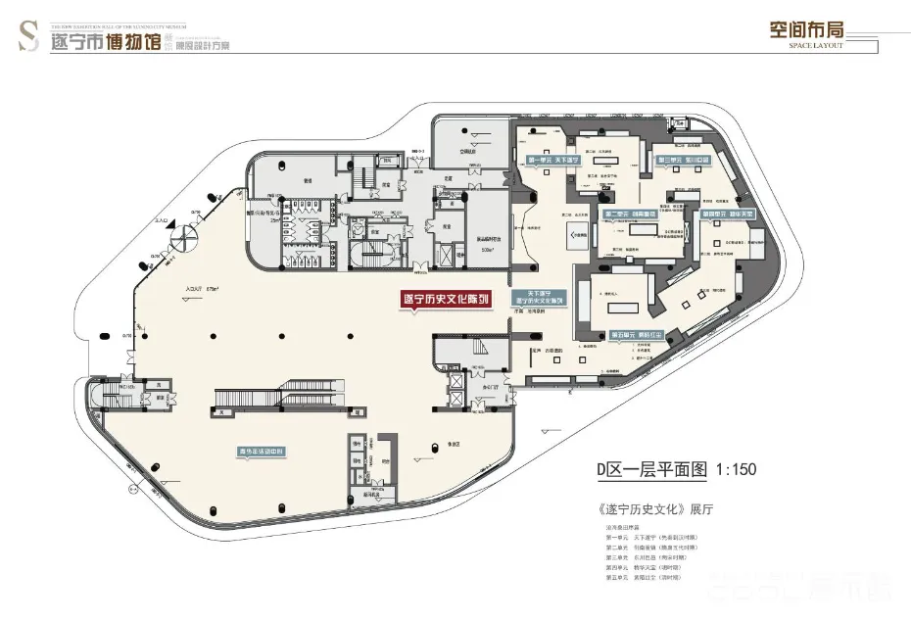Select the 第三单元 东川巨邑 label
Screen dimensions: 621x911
(x=684, y=159)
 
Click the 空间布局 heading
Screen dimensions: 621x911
(x=806, y=28)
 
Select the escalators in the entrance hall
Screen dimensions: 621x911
(x=275, y=398)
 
